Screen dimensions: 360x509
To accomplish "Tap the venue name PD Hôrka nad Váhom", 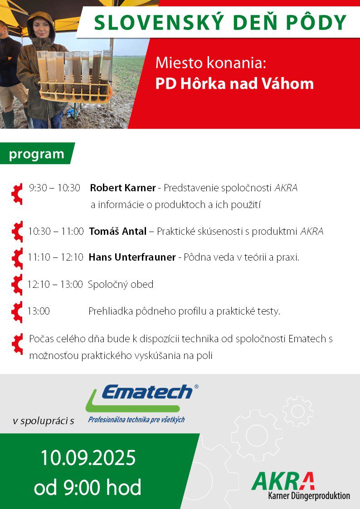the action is (234, 83).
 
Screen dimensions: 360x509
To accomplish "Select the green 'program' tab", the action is (37, 154).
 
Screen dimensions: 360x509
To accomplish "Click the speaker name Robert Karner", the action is (123, 188).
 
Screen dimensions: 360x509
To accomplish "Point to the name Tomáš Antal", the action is (118, 232).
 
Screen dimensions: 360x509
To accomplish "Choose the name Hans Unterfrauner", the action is (132, 257).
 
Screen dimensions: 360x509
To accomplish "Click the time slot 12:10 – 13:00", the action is (55, 284).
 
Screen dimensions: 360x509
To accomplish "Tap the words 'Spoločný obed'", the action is (121, 285).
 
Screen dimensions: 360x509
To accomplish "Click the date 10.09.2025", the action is (88, 458).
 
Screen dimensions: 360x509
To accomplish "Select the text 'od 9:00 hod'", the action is (88, 487).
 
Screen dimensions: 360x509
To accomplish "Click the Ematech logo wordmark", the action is (147, 392).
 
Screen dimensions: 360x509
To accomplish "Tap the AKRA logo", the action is (283, 481).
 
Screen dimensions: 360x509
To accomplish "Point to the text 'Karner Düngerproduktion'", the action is (309, 496).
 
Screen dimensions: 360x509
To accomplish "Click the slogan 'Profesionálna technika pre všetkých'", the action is (136, 420).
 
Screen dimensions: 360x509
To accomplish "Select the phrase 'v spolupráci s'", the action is (44, 422).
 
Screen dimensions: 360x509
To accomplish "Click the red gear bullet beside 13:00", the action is (17, 312).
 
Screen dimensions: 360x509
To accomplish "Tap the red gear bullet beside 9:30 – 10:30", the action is (17, 194).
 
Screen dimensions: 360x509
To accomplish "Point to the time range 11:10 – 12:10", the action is (55, 257).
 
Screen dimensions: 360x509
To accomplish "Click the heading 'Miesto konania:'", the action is (211, 63).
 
